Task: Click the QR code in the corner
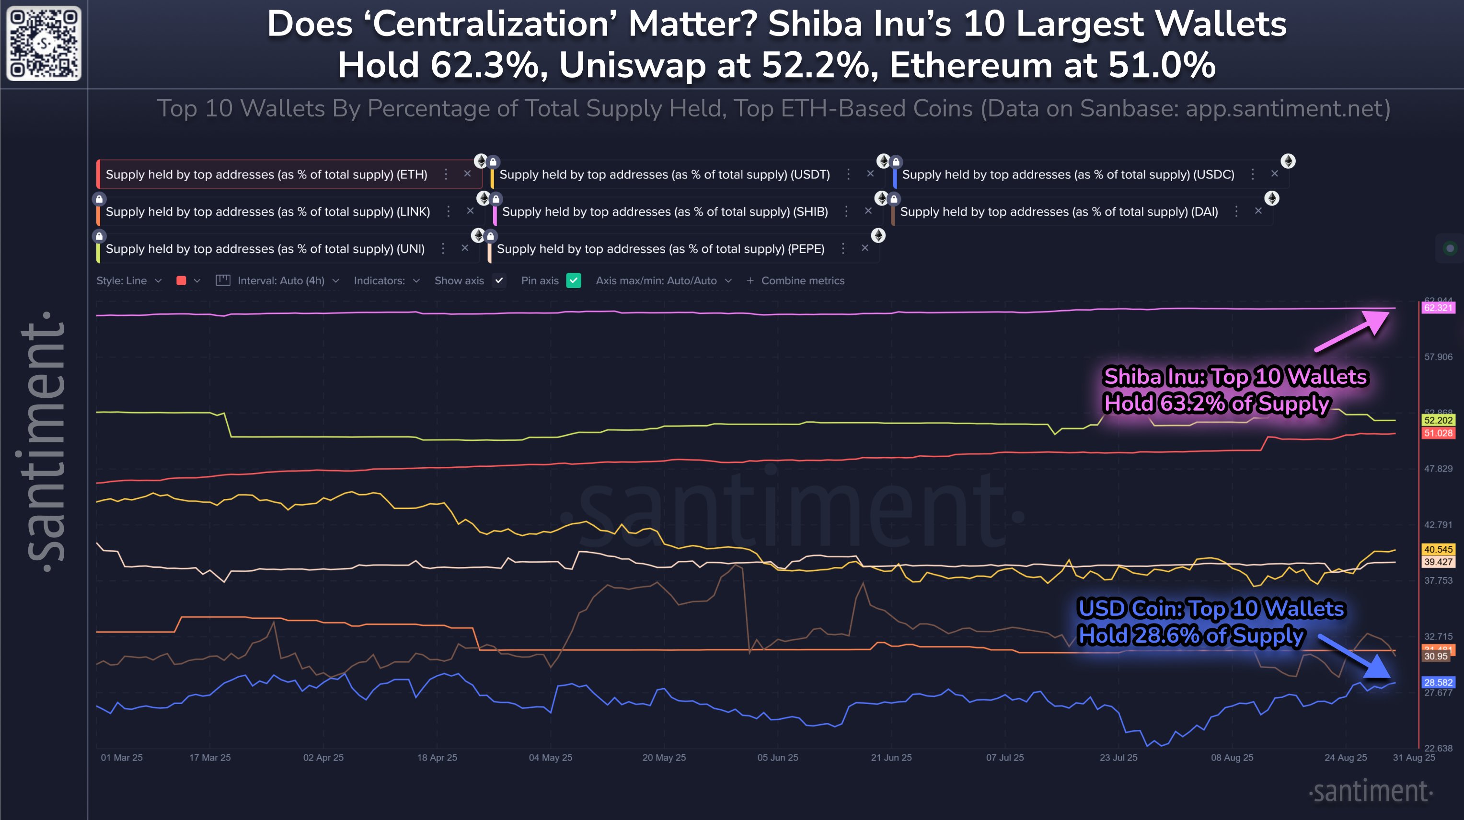(44, 43)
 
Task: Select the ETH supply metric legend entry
(266, 174)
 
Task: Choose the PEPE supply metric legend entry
(660, 249)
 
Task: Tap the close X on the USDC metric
(1275, 174)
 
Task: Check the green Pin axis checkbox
(574, 281)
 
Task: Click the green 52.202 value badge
(1438, 420)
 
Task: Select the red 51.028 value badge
(1438, 433)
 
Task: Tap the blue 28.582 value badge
(1438, 682)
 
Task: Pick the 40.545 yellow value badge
(1438, 550)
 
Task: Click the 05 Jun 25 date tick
(777, 758)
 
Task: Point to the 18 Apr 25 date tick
(437, 758)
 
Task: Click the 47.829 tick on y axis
(1438, 469)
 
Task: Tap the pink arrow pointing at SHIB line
(1353, 331)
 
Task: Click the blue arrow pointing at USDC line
(1355, 658)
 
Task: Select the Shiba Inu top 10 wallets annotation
(1234, 390)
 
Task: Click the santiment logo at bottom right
(1371, 792)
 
